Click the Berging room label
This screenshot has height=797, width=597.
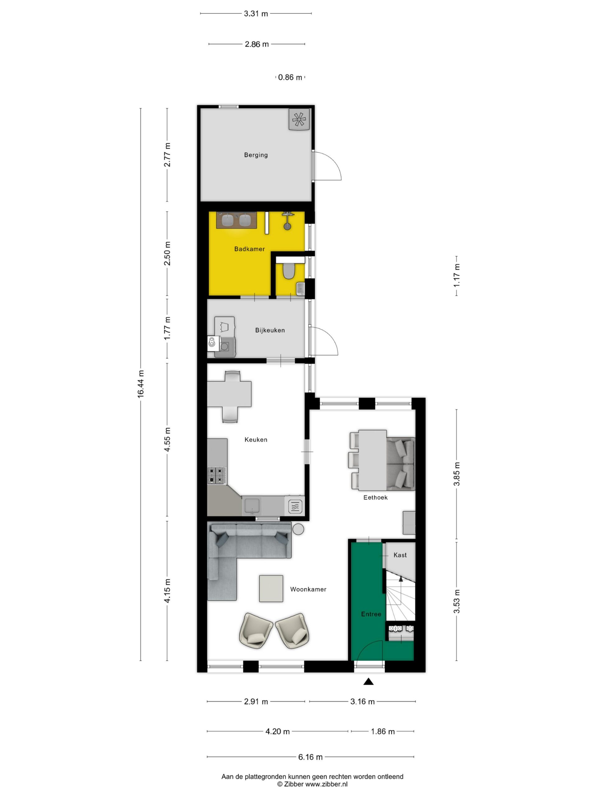coord(256,155)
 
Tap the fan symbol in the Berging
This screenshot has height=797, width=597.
coord(299,120)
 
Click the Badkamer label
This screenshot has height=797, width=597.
coord(249,249)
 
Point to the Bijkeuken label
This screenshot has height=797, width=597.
coord(270,330)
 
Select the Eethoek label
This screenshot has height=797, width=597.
coord(375,497)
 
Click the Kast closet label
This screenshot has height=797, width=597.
coord(400,555)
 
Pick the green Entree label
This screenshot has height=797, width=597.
coord(371,614)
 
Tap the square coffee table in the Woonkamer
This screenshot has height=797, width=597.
coord(271,588)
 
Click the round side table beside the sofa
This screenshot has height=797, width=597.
coord(298,529)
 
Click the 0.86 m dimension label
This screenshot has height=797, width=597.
coord(290,77)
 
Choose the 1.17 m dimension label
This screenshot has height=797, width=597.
coord(457,275)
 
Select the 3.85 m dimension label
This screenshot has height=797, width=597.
coord(457,474)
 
